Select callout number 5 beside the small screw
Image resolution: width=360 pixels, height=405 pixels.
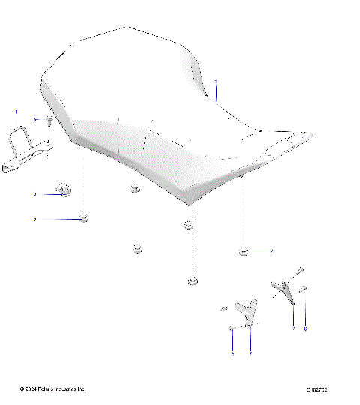pos(34,120)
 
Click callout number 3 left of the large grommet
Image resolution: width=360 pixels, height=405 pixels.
pos(34,194)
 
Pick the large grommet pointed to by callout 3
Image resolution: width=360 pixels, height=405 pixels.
pos(64,192)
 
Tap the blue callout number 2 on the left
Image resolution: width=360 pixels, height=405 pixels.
pos(34,219)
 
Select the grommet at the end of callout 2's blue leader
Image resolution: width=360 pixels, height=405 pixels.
pos(86,218)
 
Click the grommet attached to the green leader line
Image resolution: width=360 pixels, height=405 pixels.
pos(244,250)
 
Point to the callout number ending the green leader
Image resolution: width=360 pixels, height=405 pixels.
pos(271,250)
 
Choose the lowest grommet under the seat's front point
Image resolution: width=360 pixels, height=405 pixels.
pos(192,281)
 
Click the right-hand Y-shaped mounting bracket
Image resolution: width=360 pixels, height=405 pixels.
pos(284,288)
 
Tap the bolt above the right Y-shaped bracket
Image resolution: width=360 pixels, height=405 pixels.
pos(299,270)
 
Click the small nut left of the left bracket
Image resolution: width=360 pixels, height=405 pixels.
pos(223,308)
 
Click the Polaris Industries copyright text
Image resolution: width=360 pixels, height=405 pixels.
pos(52,388)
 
